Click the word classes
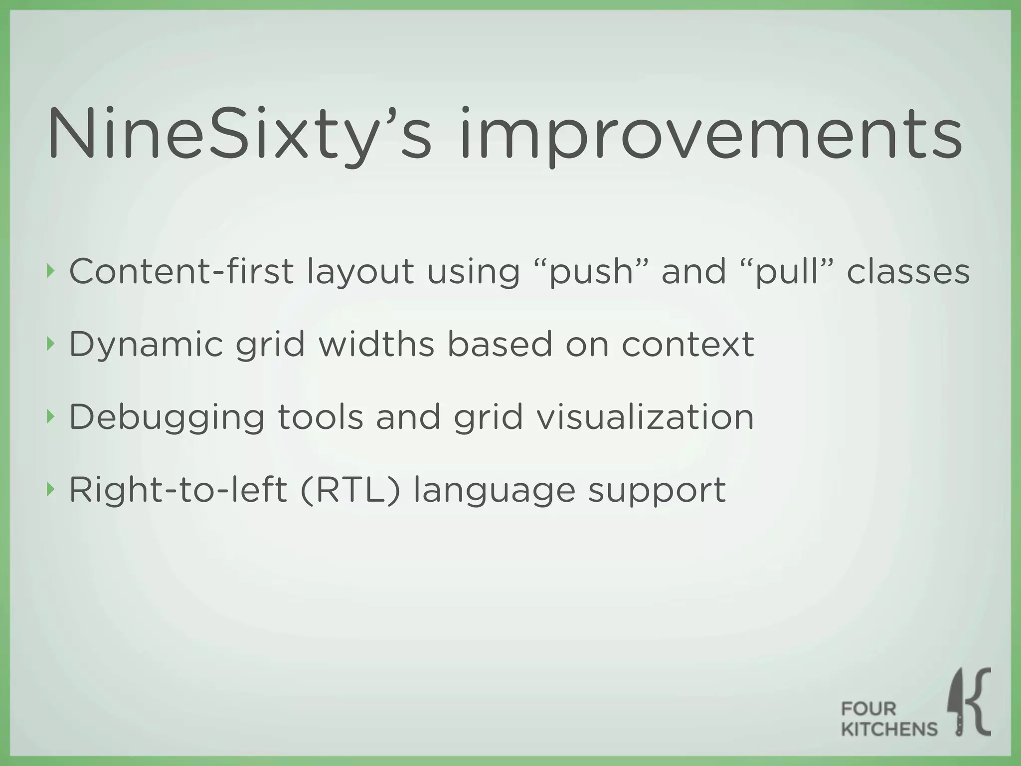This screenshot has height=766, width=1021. (908, 271)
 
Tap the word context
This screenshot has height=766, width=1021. (687, 345)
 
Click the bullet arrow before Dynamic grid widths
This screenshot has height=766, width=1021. (49, 344)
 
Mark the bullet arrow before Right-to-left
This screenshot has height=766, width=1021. (49, 489)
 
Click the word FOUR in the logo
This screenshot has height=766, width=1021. (868, 709)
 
